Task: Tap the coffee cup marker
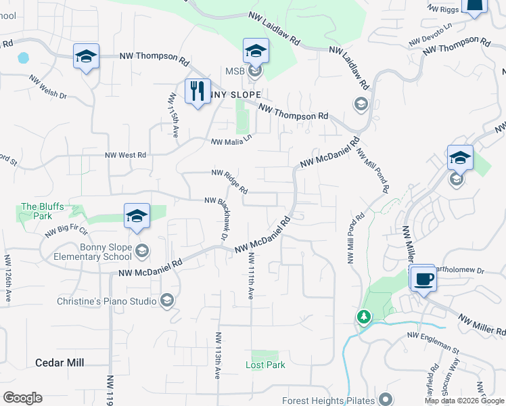point(423,278)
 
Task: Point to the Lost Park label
point(264,365)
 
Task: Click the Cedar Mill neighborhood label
point(60,363)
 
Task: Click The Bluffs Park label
point(37,211)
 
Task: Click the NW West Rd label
point(125,155)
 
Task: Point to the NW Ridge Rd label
point(229,179)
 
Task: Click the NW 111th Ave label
point(250,276)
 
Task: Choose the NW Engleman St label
point(433,342)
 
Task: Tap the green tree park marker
point(364,317)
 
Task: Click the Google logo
point(22,398)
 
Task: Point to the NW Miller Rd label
point(482,324)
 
